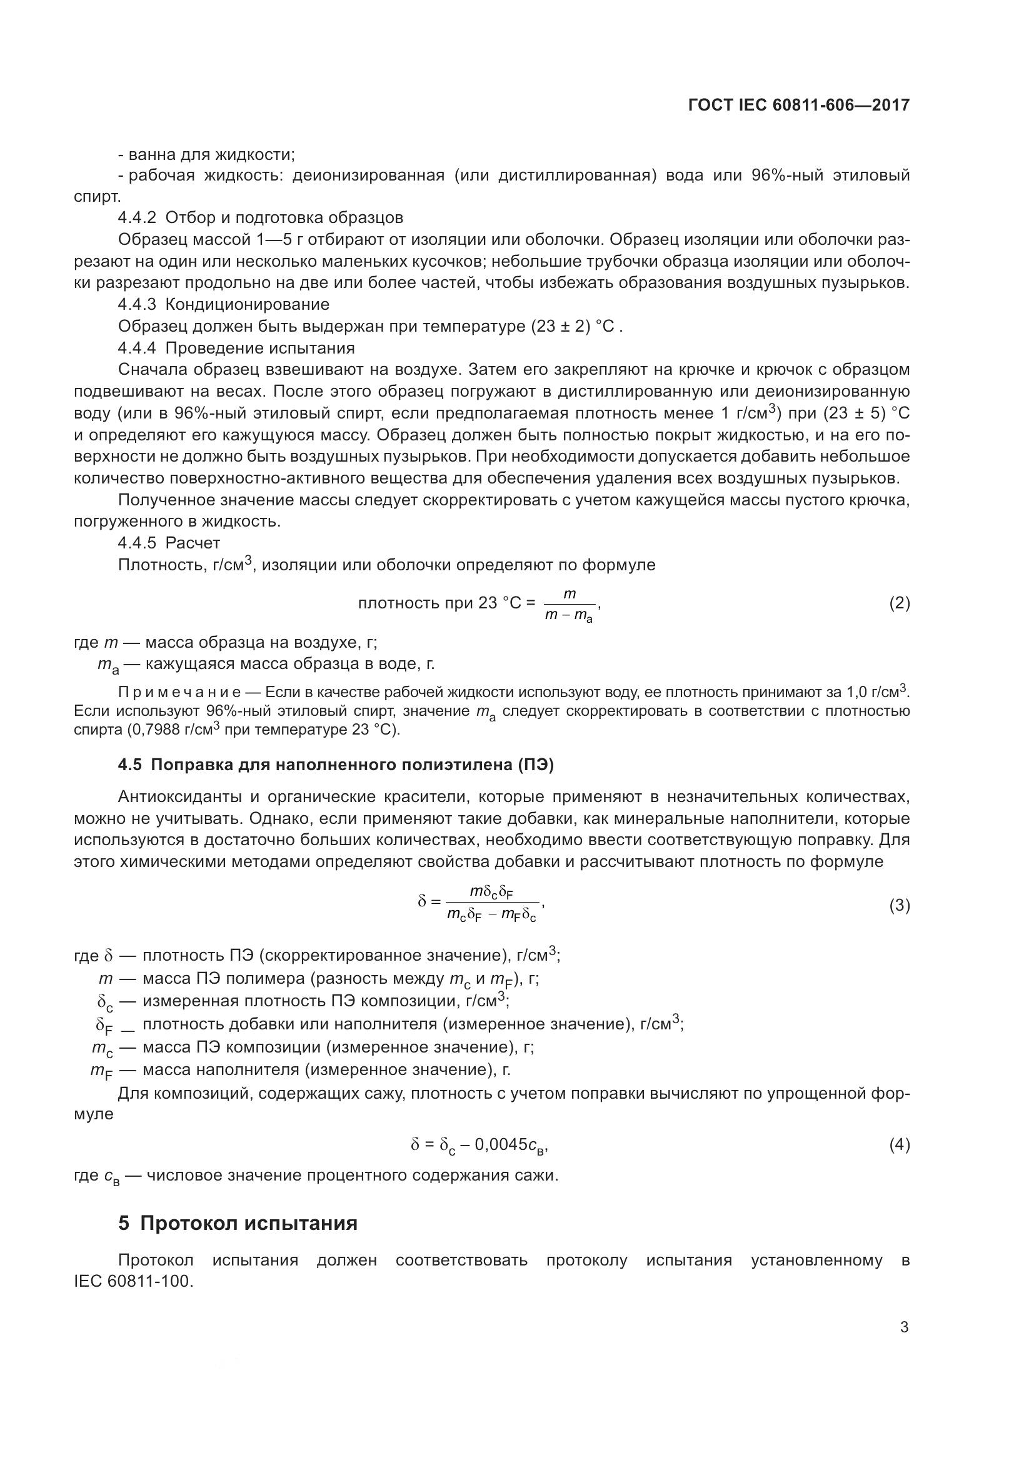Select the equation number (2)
pos(899,603)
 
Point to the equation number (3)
pos(899,906)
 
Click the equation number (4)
pos(899,1146)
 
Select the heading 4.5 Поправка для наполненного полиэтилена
pos(336,765)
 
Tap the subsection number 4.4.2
pos(137,217)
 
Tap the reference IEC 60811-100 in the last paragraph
pos(133,1281)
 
